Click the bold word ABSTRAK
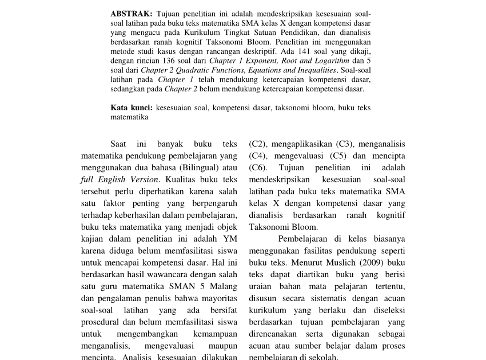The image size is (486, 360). pyautogui.click(x=131, y=13)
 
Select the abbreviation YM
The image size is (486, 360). pyautogui.click(x=230, y=239)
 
